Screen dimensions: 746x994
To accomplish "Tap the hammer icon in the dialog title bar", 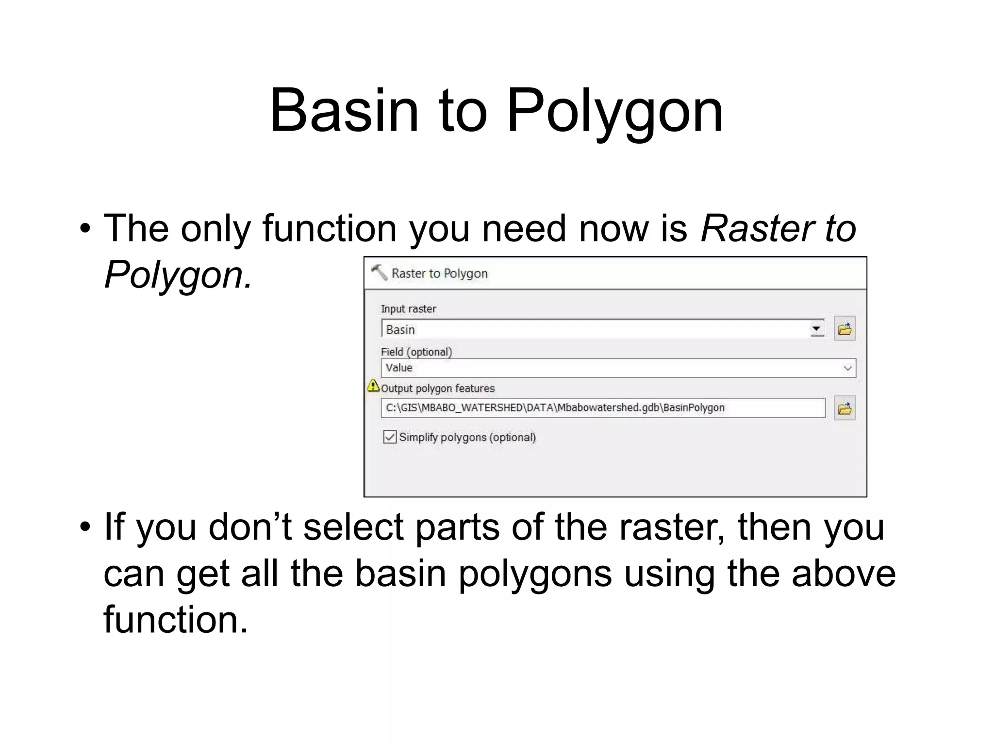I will click(379, 272).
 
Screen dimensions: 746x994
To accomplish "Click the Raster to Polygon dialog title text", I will click(439, 273).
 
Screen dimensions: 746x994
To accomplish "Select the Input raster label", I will click(408, 309).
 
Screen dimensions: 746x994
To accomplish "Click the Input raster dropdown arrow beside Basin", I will click(817, 329).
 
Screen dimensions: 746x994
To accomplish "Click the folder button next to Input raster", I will click(845, 329).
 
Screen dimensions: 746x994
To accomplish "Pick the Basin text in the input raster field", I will click(400, 330).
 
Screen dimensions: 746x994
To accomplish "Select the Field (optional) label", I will click(416, 352).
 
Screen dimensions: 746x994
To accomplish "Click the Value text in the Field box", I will click(399, 368).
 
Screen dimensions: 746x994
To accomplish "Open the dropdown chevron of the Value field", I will click(847, 368).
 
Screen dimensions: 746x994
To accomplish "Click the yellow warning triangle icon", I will click(373, 386).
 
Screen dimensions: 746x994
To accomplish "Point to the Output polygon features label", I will click(438, 389).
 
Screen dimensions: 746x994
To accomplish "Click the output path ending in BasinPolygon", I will click(555, 407).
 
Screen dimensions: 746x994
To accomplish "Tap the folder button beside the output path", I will click(845, 408).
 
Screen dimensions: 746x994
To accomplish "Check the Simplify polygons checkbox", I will click(390, 437).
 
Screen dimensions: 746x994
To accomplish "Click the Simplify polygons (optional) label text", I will click(467, 437).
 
